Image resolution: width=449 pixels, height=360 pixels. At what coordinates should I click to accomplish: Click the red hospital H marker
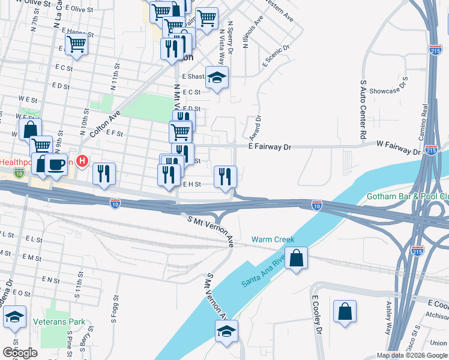(83, 161)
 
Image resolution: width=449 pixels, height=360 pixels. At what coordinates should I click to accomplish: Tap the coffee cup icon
(56, 164)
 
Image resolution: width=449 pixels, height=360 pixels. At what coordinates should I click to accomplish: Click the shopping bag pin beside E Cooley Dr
(345, 312)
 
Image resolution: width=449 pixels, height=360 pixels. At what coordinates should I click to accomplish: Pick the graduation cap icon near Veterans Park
(14, 317)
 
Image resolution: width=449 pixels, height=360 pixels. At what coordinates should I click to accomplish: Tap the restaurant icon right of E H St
(225, 176)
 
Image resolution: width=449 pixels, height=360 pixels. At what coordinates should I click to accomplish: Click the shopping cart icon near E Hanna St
(77, 44)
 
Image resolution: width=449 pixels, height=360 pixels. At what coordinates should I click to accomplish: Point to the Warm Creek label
(273, 239)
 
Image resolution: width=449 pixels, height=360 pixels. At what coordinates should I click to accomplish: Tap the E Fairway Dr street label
(270, 146)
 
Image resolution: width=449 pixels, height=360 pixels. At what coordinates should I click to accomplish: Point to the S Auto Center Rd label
(363, 110)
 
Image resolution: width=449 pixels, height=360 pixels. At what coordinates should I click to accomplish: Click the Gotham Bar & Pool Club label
(408, 197)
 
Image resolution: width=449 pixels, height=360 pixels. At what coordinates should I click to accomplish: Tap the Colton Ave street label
(106, 123)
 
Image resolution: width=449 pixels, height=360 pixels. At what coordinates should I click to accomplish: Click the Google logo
(20, 353)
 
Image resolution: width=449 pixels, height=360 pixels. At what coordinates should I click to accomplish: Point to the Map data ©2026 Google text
(412, 355)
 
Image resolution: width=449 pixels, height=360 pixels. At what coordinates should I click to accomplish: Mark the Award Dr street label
(255, 125)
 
